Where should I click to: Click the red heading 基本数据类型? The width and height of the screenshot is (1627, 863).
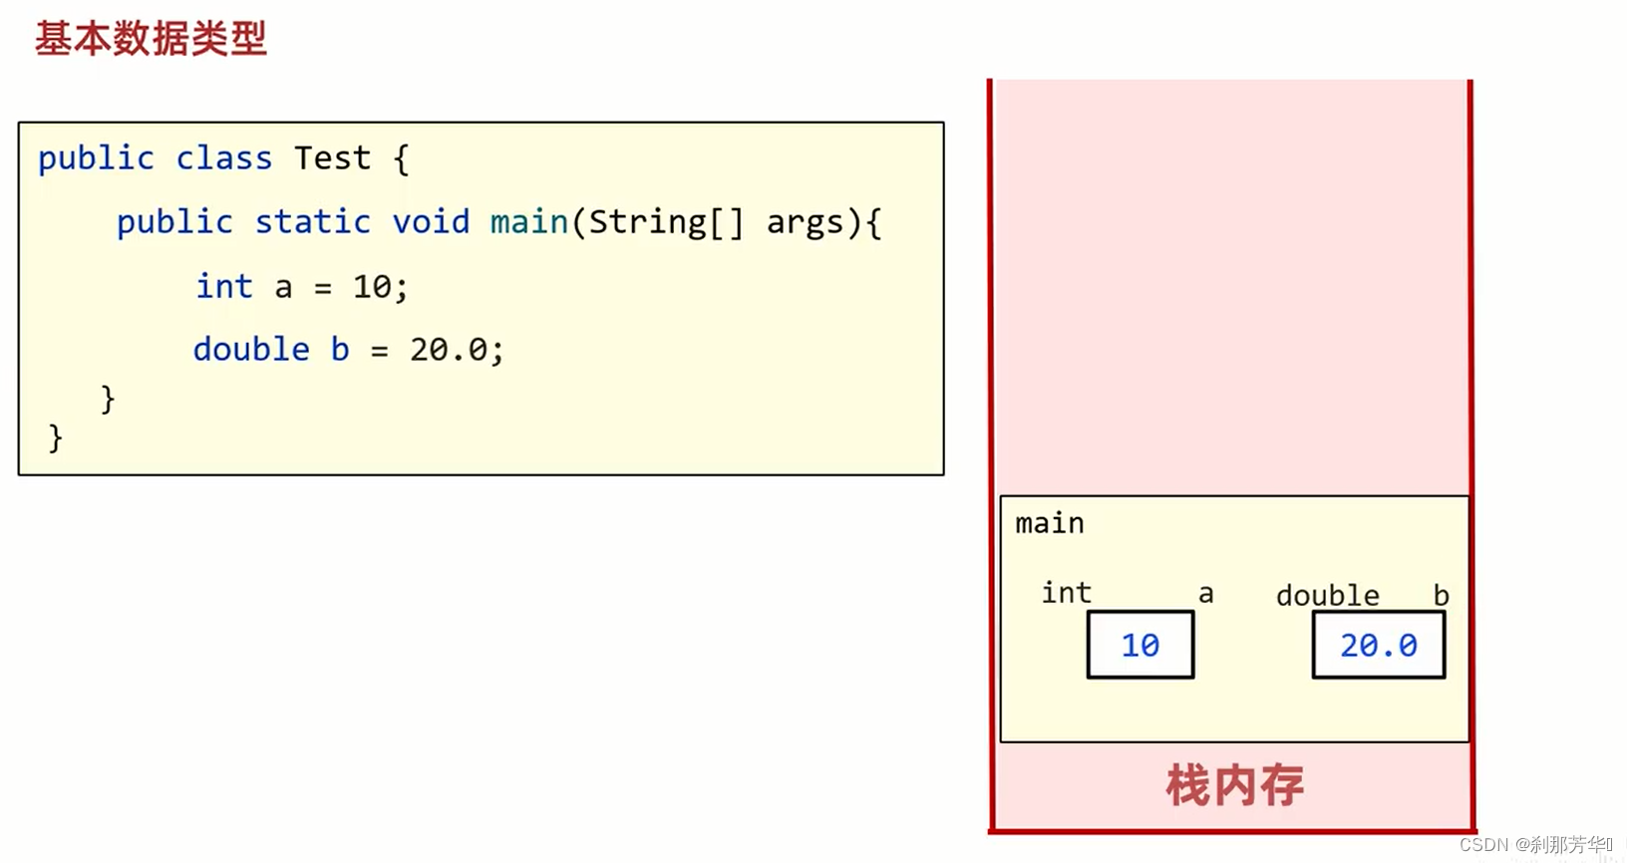pos(151,39)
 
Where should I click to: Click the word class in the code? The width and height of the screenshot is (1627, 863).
pos(223,158)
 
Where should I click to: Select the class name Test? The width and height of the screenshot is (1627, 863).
pos(332,158)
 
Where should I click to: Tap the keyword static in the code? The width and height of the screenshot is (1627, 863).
pos(312,221)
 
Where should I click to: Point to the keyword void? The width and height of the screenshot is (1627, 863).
pos(430,221)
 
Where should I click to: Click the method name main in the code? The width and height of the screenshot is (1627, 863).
pos(528,221)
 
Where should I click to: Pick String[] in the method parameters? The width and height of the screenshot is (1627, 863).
pos(665,222)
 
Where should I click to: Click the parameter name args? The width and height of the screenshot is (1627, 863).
pos(805,222)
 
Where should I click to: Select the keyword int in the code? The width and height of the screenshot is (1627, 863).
pos(224,287)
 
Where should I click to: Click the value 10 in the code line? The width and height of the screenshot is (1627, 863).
pos(372,287)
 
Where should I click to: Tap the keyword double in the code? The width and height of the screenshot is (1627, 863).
pos(251,350)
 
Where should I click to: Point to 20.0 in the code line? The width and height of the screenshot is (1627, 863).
pos(449,350)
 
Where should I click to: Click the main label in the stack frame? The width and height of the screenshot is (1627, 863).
pos(1049,523)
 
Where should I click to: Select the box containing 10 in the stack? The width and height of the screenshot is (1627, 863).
pos(1140,646)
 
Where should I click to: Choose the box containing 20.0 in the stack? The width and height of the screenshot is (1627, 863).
pos(1378,646)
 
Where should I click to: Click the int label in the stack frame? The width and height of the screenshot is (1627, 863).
pos(1066,593)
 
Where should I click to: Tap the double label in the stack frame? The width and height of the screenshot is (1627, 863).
pos(1327,596)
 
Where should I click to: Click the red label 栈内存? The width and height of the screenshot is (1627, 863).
pos(1234,785)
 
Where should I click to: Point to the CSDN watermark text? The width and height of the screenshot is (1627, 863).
pos(1535,845)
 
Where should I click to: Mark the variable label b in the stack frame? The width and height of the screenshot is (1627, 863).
pos(1441,596)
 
